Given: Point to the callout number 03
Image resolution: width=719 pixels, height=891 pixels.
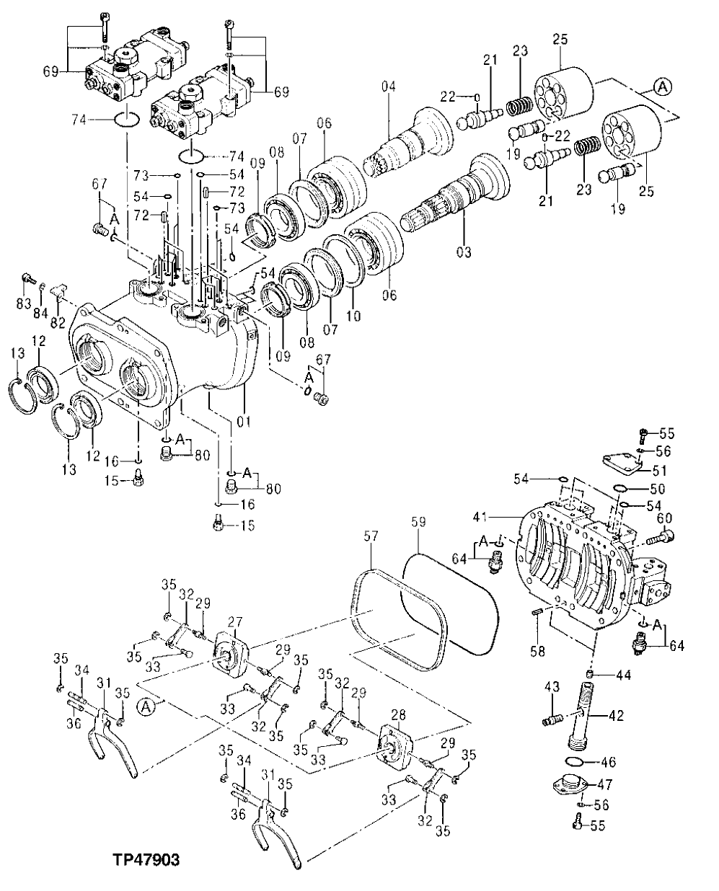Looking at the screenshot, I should (463, 252).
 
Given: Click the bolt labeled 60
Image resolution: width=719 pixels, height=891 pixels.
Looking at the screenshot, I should (661, 537).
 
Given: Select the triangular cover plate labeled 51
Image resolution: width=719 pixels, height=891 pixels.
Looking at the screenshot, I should (621, 463).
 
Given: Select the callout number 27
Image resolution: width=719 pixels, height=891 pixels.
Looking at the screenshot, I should (235, 621).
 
